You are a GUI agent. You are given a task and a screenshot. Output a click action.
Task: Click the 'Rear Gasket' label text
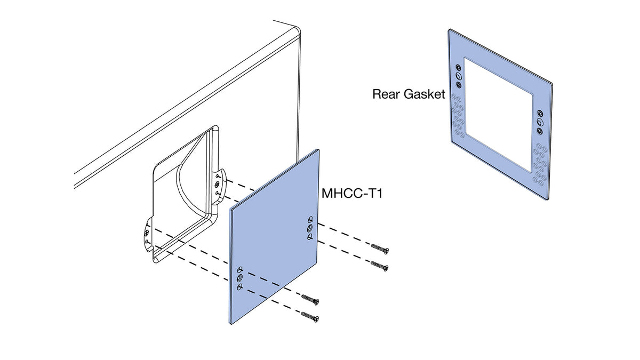click(409, 94)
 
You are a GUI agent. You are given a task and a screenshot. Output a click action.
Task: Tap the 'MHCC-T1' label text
click(351, 194)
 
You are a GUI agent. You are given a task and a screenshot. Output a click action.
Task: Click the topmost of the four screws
click(380, 248)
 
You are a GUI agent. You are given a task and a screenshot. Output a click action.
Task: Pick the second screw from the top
click(380, 266)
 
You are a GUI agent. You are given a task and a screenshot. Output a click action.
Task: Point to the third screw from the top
click(310, 299)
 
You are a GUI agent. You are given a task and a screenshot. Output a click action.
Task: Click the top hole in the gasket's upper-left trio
click(458, 68)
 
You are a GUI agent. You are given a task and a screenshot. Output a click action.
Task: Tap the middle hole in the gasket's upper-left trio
click(458, 76)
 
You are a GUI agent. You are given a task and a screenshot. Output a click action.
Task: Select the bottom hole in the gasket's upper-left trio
click(459, 85)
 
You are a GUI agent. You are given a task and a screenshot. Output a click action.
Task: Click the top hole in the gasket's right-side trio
click(540, 114)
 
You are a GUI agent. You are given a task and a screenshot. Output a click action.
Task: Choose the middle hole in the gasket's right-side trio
click(540, 122)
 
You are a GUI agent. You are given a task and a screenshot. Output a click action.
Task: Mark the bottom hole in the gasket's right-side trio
click(540, 131)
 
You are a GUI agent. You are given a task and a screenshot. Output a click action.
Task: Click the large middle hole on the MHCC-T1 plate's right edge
click(310, 228)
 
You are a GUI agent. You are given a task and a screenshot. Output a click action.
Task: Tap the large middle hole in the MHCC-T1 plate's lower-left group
click(239, 278)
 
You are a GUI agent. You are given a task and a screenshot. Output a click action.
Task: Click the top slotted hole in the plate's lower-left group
click(239, 269)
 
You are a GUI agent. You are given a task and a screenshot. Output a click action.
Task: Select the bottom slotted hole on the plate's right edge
click(310, 237)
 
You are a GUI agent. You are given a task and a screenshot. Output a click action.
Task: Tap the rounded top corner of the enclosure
click(297, 30)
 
